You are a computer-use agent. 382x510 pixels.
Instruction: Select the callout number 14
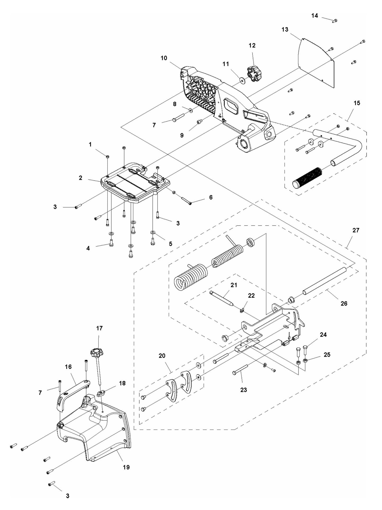coord(314,16)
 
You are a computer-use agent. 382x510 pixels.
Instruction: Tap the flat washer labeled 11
coord(242,79)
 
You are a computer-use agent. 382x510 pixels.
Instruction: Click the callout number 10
coord(164,58)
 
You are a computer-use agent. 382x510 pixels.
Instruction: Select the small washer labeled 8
coord(190,109)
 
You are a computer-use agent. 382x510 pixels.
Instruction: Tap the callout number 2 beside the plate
coord(80,178)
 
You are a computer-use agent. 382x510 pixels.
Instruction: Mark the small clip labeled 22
coord(243,310)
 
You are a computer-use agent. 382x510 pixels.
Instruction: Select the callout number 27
coord(356,230)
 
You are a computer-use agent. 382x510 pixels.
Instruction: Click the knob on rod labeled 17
coord(96,352)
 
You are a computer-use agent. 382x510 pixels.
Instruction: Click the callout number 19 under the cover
coord(126,467)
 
